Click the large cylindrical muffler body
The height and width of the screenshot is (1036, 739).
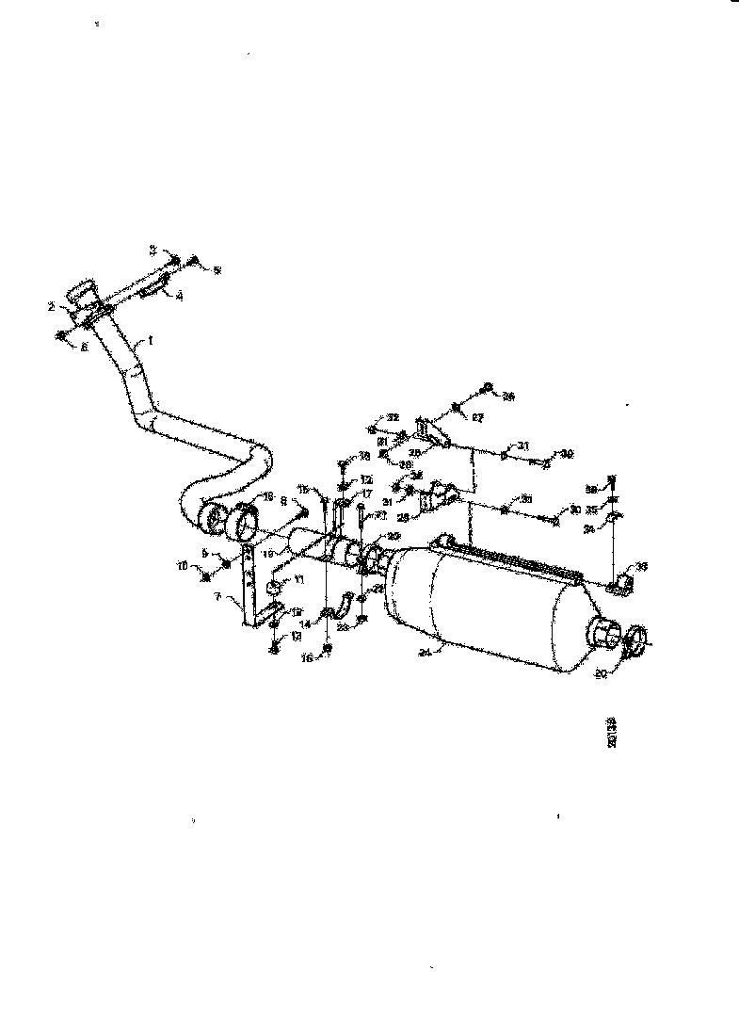[490, 603]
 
